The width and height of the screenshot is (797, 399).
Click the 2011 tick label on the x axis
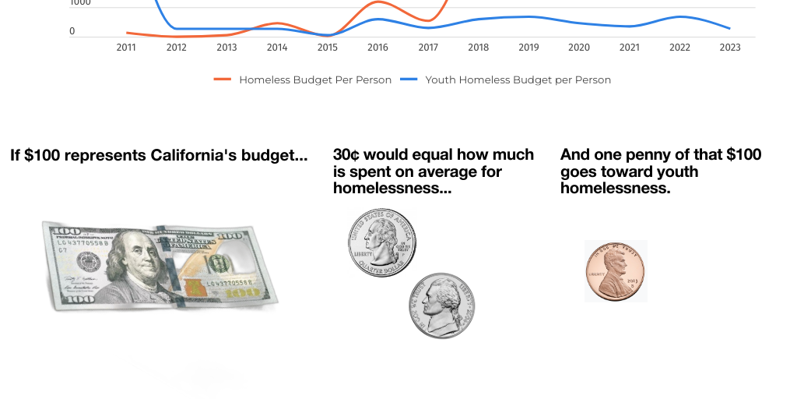tap(126, 48)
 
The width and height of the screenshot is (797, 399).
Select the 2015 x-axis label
tap(328, 48)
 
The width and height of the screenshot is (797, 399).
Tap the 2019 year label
tap(528, 48)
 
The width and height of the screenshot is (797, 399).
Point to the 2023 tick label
tap(730, 48)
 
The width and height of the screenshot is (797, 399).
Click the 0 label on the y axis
tap(72, 32)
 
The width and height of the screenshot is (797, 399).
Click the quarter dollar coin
tap(381, 242)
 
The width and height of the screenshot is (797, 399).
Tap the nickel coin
tap(441, 305)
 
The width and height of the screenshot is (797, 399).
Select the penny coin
tap(615, 271)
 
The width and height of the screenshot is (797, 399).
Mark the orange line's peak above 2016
tap(377, 2)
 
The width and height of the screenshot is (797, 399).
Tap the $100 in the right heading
tap(744, 155)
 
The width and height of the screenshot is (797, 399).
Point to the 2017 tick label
tap(428, 48)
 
